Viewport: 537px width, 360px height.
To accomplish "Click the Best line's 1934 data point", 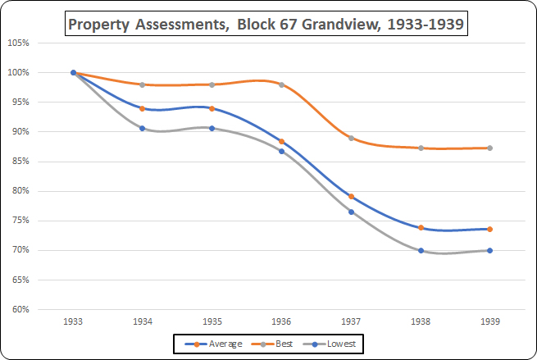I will coord(143,84).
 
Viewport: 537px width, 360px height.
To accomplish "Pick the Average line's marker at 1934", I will coord(143,108).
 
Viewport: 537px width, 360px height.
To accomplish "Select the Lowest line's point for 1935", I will coord(212,128).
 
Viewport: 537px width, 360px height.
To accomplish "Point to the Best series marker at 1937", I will coord(351,138).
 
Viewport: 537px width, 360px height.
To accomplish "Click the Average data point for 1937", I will coord(351,196).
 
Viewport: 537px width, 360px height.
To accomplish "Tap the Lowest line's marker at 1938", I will coord(421,250).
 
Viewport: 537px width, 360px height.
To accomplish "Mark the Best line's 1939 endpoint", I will coord(489,148).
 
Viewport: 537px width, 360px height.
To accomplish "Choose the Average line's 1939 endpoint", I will coord(489,229).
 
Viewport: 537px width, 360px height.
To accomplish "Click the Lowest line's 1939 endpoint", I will coord(489,250).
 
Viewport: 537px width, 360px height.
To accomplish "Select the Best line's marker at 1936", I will coord(281,84).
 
